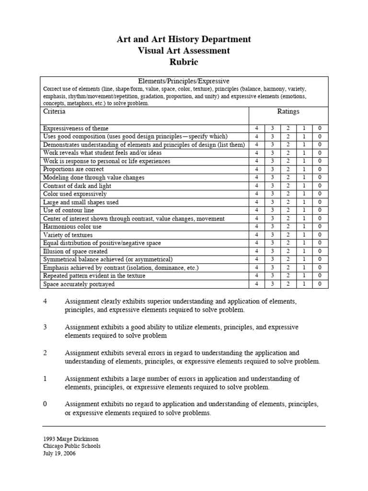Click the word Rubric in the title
pos(184,62)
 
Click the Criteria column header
pos(54,112)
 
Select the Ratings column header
pos(288,112)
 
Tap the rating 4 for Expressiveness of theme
pos(256,129)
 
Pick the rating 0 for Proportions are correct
pos(320,169)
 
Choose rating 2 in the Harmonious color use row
pos(288,227)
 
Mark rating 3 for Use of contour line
pos(272,210)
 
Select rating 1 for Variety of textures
pos(304,235)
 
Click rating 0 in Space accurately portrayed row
pos(320,284)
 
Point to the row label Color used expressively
pos(75,194)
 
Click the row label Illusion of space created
pos(75,251)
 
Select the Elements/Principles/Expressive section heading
pos(184,82)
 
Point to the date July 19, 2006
pos(59,453)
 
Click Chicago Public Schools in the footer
pos(72,446)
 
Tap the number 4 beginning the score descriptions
pos(45,301)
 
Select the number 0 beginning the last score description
pos(45,404)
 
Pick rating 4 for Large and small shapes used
pos(256,202)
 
